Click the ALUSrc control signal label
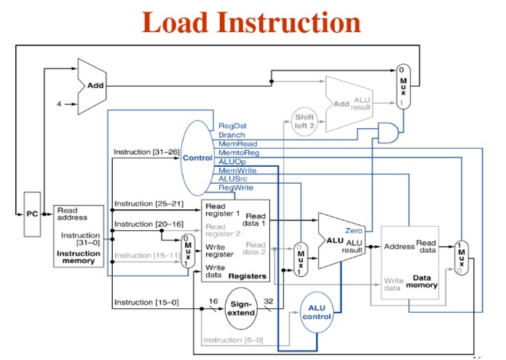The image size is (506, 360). (232, 179)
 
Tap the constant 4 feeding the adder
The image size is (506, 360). (59, 103)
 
